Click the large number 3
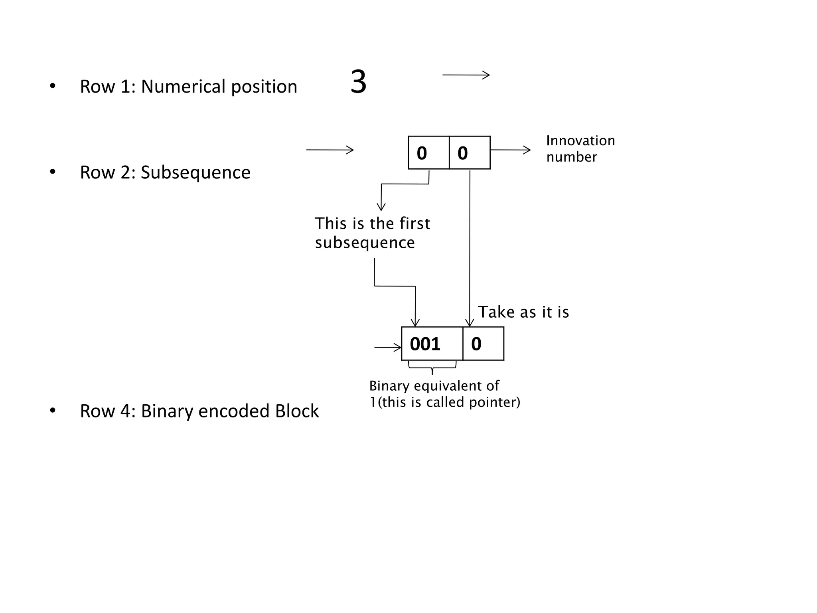pyautogui.click(x=358, y=82)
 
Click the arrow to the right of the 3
pyautogui.click(x=466, y=75)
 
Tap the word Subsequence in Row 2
pyautogui.click(x=195, y=172)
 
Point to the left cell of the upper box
pyautogui.click(x=428, y=153)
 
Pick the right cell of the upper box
pyautogui.click(x=470, y=153)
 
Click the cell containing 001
pyautogui.click(x=432, y=344)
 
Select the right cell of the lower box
pyautogui.click(x=483, y=344)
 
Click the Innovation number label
pyautogui.click(x=580, y=148)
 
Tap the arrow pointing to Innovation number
pyautogui.click(x=511, y=150)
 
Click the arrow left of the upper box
pyautogui.click(x=330, y=150)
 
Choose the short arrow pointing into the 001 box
pyautogui.click(x=387, y=348)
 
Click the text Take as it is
pyautogui.click(x=523, y=312)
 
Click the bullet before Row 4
pyautogui.click(x=53, y=410)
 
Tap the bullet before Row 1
pyautogui.click(x=53, y=86)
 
